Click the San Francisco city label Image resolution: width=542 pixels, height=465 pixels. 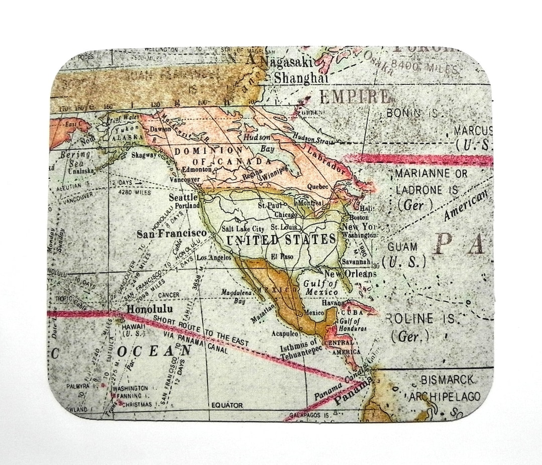click(x=171, y=234)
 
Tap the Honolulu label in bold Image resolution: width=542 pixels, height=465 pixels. click(x=150, y=309)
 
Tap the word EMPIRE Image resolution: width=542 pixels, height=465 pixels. click(x=354, y=96)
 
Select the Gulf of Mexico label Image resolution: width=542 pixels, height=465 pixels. click(x=321, y=288)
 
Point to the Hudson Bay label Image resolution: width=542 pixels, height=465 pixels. click(x=262, y=143)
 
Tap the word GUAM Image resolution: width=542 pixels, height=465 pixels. click(x=402, y=247)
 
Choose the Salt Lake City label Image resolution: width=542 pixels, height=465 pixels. click(x=243, y=229)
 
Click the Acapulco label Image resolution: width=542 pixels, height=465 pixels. click(x=285, y=333)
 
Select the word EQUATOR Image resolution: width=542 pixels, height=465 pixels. click(x=227, y=405)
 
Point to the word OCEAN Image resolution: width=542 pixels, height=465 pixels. click(x=155, y=350)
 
